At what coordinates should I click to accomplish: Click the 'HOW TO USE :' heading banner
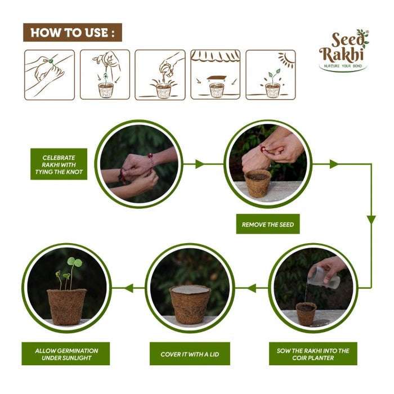[73, 33]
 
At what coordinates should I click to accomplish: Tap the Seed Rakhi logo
[343, 50]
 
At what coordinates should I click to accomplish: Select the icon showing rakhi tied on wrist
[50, 74]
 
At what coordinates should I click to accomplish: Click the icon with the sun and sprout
[271, 74]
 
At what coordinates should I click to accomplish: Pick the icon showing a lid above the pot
[216, 74]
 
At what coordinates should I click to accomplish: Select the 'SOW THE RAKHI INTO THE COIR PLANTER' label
[313, 354]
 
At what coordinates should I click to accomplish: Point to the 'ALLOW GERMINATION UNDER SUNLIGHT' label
[66, 354]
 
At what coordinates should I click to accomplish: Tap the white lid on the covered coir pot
[190, 289]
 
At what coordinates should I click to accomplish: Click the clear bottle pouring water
[325, 277]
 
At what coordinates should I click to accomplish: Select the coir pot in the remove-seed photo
[258, 183]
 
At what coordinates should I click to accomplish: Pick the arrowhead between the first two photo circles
[199, 164]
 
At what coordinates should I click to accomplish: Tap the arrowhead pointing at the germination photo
[128, 288]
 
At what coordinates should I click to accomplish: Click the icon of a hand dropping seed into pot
[105, 74]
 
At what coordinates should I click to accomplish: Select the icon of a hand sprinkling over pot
[160, 74]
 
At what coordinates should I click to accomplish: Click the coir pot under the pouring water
[305, 314]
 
